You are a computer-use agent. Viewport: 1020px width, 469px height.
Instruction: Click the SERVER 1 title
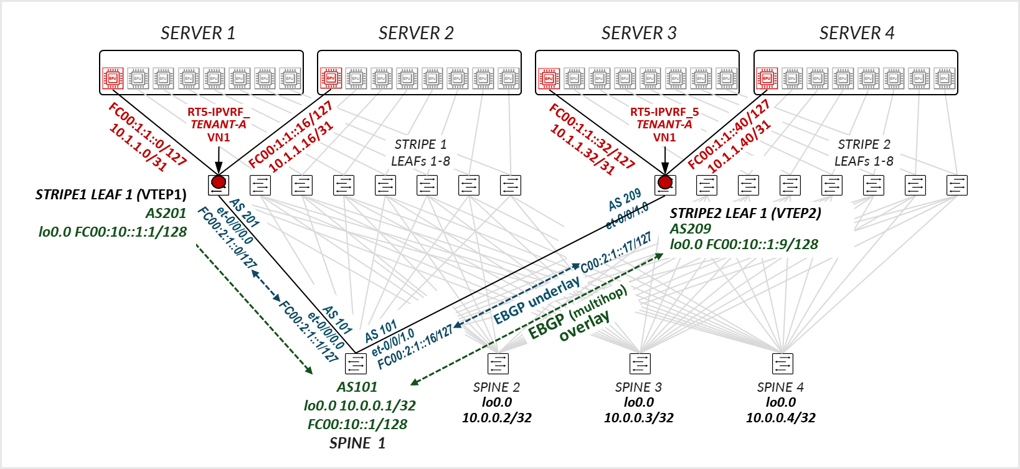(198, 33)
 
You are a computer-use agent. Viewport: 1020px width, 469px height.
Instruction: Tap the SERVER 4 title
(856, 33)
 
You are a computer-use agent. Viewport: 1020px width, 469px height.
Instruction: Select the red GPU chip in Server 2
(331, 78)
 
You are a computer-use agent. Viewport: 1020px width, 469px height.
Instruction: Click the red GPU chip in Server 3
(549, 78)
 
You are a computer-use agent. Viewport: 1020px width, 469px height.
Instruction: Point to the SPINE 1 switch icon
(356, 363)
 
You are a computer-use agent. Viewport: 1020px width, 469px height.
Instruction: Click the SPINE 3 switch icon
(640, 363)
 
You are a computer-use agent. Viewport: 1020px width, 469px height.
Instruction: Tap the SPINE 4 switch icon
(782, 363)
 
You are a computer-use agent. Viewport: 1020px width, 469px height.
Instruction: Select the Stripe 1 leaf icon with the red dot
(219, 184)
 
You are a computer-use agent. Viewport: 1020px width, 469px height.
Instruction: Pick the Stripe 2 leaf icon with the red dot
(665, 184)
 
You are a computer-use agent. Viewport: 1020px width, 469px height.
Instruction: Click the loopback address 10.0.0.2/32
(496, 417)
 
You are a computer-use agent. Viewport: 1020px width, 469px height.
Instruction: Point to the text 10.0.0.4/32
(781, 417)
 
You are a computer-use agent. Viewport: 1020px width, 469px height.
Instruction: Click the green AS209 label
(690, 229)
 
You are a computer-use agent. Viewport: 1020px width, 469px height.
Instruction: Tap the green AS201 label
(166, 213)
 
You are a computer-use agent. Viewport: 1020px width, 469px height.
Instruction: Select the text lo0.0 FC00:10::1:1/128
(113, 232)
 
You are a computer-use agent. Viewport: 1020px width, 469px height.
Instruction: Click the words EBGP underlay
(536, 301)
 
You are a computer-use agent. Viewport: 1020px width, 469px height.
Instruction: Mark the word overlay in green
(584, 326)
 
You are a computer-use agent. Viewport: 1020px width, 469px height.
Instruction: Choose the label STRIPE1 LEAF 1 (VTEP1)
(111, 194)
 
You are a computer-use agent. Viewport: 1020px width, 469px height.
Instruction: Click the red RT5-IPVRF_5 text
(664, 112)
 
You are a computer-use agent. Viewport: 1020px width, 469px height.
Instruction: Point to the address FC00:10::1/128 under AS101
(357, 424)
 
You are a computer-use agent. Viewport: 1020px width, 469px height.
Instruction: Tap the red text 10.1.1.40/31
(739, 146)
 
